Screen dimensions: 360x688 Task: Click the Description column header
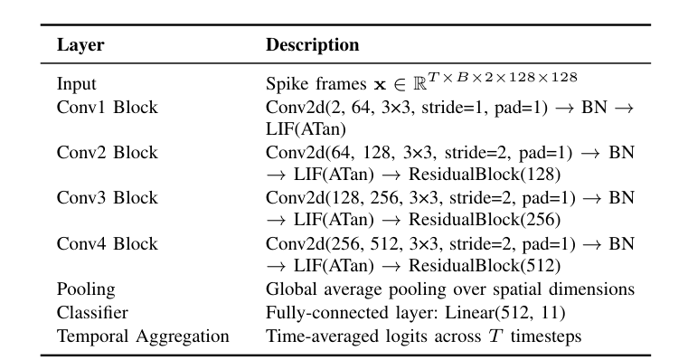coord(312,45)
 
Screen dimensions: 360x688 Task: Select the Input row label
coord(76,84)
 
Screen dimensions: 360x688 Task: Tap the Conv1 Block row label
coord(108,108)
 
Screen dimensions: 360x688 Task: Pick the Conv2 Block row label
coord(108,153)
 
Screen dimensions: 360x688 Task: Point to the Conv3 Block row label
coord(108,198)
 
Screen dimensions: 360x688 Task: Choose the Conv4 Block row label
coord(108,244)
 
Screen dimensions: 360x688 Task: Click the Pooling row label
coord(87,290)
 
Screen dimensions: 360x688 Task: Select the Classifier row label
coord(91,313)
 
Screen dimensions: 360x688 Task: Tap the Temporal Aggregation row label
coord(143,336)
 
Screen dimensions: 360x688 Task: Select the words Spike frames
coord(305,85)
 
